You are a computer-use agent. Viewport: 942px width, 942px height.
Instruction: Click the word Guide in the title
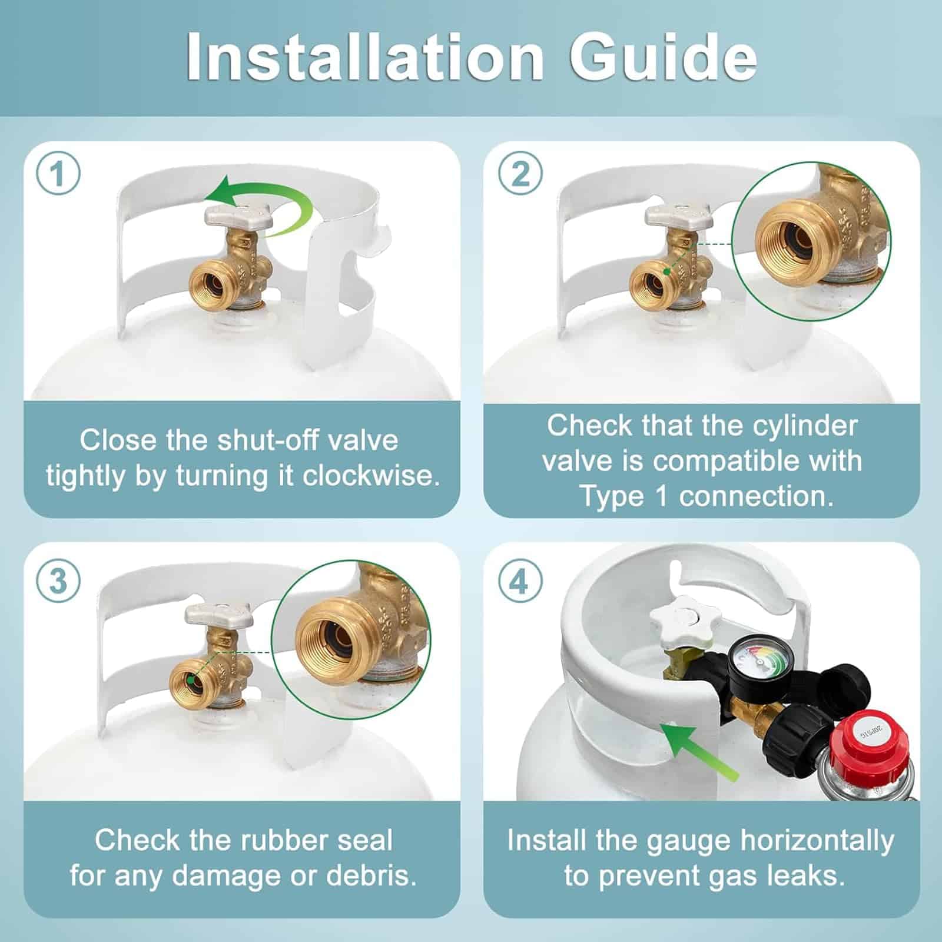tap(663, 57)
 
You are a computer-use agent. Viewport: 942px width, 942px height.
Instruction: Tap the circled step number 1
tap(58, 174)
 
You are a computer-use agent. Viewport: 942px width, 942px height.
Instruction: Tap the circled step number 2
tap(520, 174)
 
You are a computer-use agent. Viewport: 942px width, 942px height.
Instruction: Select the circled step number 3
tap(58, 581)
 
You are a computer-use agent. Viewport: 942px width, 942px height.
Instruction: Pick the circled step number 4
tap(520, 581)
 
